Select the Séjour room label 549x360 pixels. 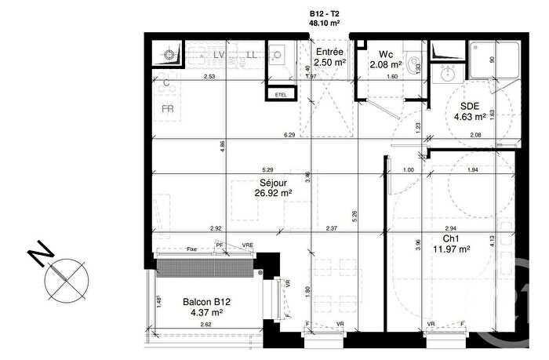(x=273, y=182)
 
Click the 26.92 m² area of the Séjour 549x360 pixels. (x=273, y=192)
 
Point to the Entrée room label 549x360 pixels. (x=329, y=52)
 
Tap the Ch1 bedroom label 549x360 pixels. (x=450, y=239)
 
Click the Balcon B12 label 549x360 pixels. (x=206, y=302)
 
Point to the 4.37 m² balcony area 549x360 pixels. (x=206, y=313)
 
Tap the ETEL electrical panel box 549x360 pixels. (x=279, y=94)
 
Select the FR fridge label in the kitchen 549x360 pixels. (x=168, y=109)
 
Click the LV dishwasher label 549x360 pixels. (x=220, y=56)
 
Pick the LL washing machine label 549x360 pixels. (x=251, y=56)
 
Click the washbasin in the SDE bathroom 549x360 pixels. (x=449, y=75)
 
